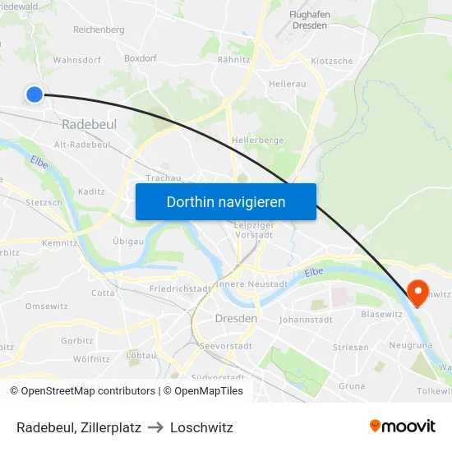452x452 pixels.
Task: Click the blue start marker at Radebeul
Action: (35, 95)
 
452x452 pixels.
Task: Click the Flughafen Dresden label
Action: (309, 20)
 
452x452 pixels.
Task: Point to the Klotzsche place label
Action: (332, 61)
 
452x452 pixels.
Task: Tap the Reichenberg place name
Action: (99, 30)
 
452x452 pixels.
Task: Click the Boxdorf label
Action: (140, 58)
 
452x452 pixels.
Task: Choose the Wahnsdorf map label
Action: (76, 60)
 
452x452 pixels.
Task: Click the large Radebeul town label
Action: (89, 124)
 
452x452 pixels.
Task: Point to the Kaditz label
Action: (91, 191)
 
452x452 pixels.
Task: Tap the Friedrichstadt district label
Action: (181, 289)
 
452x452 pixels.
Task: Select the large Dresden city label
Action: (236, 318)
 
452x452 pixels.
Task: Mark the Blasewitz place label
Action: (381, 314)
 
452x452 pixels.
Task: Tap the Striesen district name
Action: (351, 348)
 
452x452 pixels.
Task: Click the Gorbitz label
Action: (76, 340)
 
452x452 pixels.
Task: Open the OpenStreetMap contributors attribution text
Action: (83, 391)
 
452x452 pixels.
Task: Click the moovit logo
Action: (403, 426)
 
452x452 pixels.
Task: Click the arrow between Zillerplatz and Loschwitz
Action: (155, 427)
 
